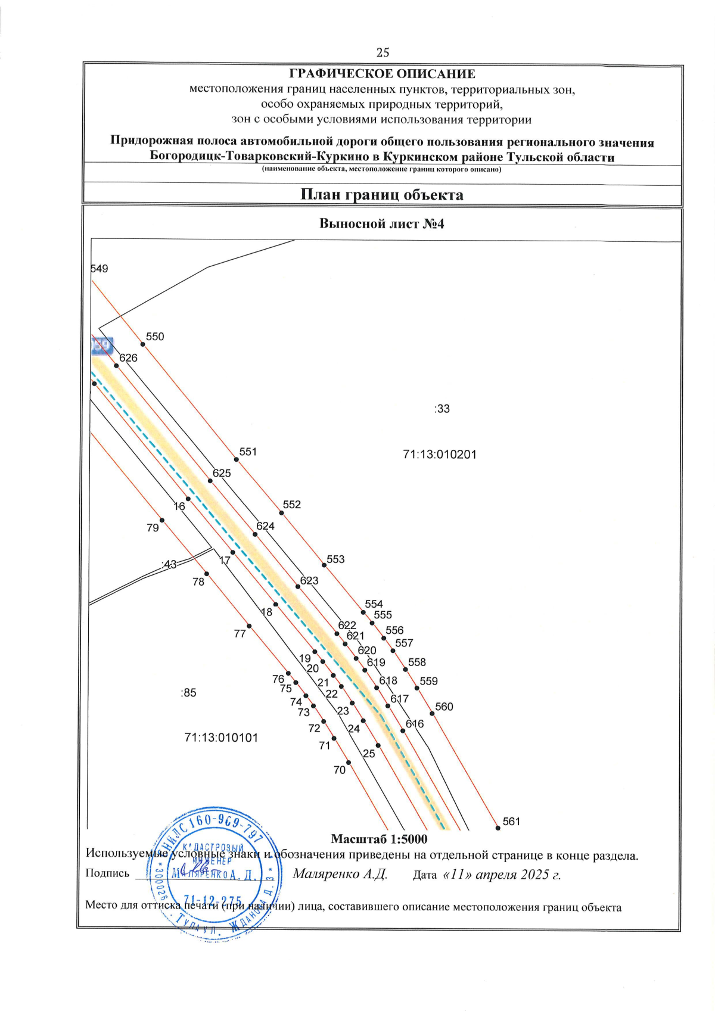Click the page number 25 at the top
tap(383, 52)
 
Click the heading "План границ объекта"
tap(381, 195)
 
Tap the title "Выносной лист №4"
tap(382, 224)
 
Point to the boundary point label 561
tap(511, 822)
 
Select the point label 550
tap(155, 337)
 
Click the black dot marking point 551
tap(236, 459)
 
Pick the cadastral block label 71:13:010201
tap(440, 455)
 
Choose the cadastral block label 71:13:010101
tap(221, 738)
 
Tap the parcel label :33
tap(442, 409)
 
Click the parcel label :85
tap(188, 693)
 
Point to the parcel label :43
tap(169, 564)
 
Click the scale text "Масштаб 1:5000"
tap(379, 839)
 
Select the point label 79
tap(153, 528)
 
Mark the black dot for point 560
tap(432, 714)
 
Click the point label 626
tap(128, 358)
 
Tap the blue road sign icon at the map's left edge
tap(102, 346)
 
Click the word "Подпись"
tap(107, 873)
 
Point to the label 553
tap(335, 559)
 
